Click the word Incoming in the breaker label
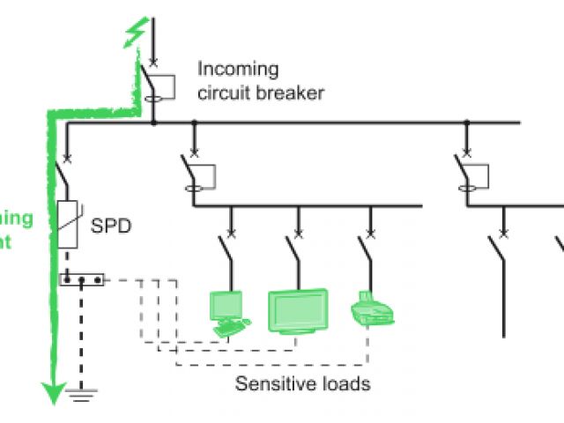coord(237,69)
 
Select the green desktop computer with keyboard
coord(227,314)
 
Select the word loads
coord(346,384)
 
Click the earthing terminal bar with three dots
coord(82,279)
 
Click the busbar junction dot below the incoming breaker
coord(153,122)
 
